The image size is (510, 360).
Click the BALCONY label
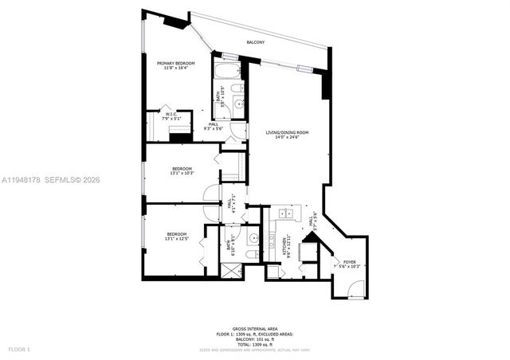(x=256, y=41)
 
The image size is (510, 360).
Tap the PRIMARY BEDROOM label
(x=175, y=64)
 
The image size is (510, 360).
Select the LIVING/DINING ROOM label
(x=287, y=132)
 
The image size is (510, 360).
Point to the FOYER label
(x=350, y=261)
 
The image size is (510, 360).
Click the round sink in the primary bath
(x=239, y=105)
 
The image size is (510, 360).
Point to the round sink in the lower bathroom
(x=253, y=237)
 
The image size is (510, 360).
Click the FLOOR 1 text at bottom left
(x=18, y=350)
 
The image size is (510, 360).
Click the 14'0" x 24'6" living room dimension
(x=287, y=137)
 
